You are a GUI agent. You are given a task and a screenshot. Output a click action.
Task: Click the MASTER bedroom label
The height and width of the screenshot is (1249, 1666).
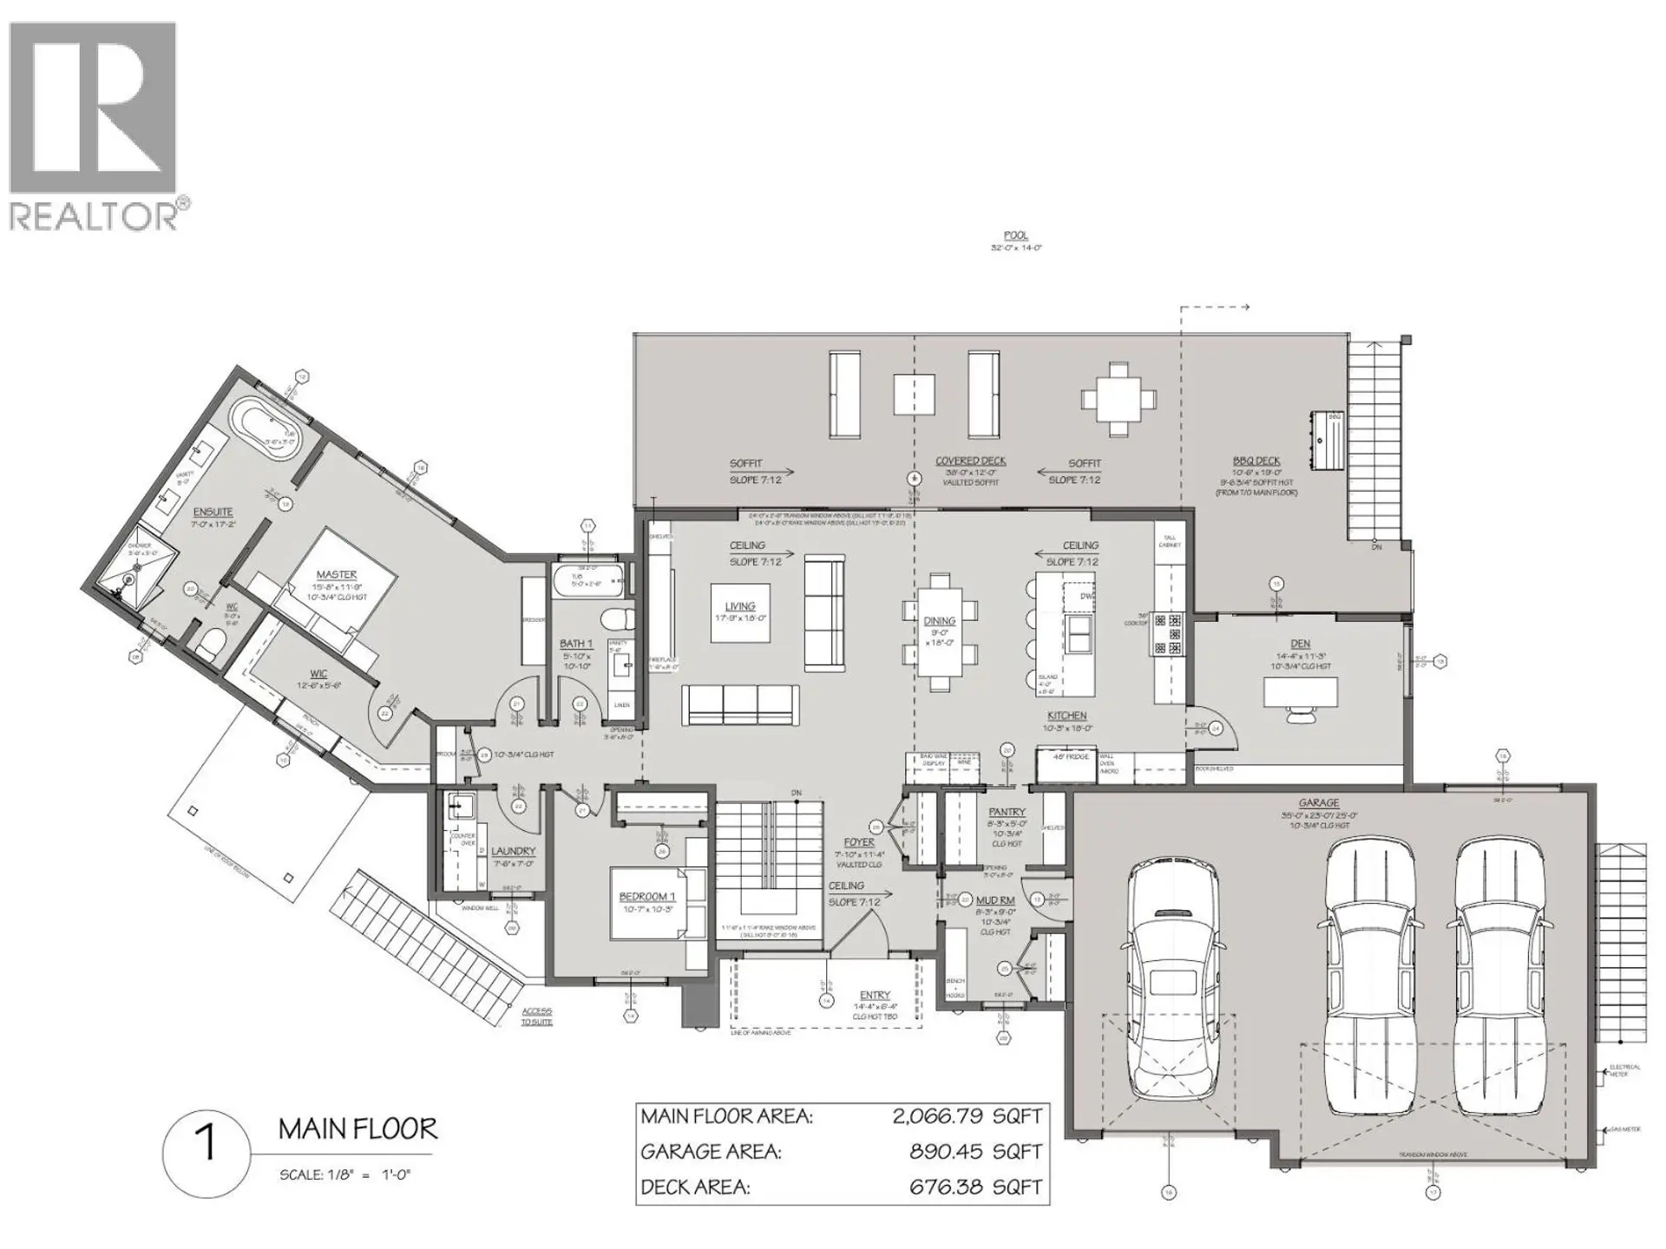337,574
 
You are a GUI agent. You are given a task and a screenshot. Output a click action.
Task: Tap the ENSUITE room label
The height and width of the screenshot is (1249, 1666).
213,512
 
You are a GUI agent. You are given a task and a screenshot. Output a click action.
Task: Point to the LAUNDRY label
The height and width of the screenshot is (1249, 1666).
513,851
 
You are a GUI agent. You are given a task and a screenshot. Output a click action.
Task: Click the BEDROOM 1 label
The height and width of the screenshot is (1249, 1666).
643,896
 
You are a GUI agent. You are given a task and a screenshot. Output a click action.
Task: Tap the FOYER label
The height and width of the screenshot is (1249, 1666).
860,842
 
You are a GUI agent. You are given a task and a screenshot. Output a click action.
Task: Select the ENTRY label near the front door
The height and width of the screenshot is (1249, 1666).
875,995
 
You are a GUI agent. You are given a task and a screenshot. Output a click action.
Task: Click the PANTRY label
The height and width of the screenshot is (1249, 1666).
1007,812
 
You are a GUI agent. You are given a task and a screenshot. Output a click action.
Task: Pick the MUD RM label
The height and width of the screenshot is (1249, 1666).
995,900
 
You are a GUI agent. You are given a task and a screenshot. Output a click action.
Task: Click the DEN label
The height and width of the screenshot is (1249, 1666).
1300,644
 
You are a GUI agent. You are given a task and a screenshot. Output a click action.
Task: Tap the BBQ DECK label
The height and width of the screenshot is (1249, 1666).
1256,461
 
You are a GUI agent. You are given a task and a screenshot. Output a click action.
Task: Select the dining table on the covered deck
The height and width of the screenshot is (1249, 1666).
1118,399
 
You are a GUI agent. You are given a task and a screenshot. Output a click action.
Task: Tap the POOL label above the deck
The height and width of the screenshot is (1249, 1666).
1015,235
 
